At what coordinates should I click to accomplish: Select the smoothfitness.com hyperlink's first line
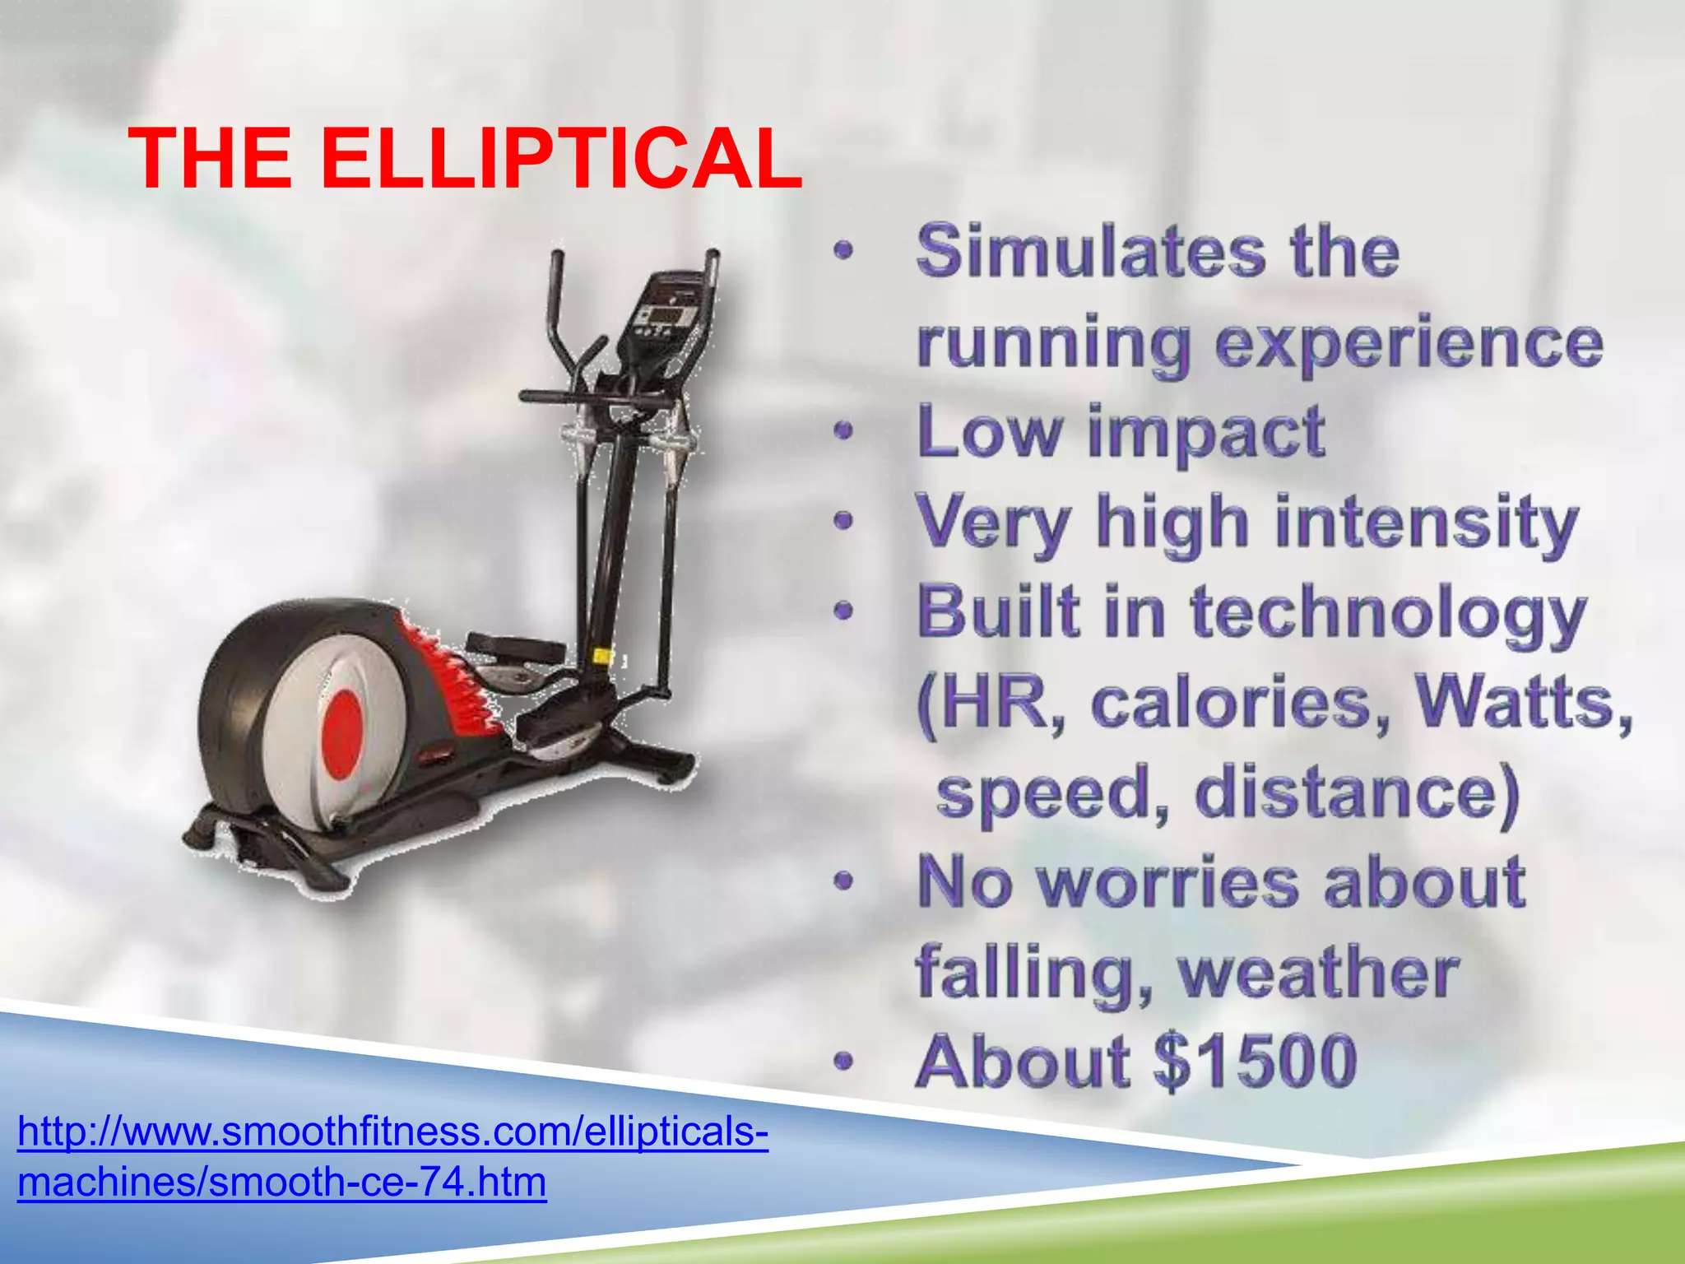click(x=392, y=1132)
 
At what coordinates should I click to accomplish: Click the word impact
click(x=1206, y=432)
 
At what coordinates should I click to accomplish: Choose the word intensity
click(x=1427, y=523)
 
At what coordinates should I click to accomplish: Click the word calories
click(x=1241, y=704)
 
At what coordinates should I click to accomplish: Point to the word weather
click(x=1319, y=973)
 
